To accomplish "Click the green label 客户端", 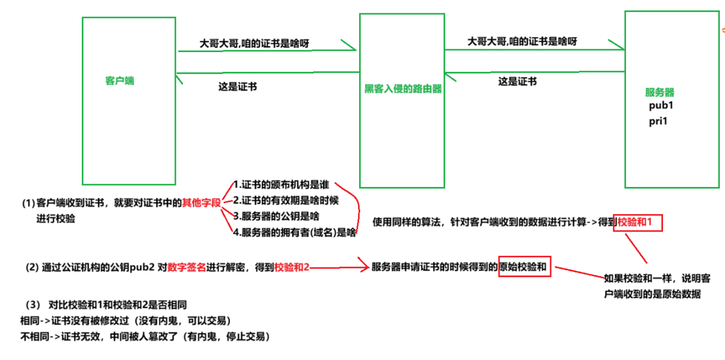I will (x=119, y=81).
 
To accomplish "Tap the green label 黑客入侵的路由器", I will (x=403, y=89).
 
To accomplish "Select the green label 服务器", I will (x=660, y=93).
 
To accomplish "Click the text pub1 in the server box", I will (x=661, y=106).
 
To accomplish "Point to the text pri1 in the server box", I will (x=659, y=122).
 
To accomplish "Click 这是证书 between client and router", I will (x=237, y=87).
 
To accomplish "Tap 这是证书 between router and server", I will (x=517, y=82).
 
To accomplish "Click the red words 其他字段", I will (x=202, y=203).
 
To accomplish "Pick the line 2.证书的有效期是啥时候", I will (x=285, y=201).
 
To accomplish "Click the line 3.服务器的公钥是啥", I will (x=276, y=216).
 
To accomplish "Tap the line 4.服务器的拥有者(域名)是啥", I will (x=294, y=233).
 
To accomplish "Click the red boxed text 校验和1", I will (x=637, y=222).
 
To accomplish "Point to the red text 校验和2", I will (x=292, y=267).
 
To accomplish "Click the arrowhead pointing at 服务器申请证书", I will (x=366, y=267).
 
